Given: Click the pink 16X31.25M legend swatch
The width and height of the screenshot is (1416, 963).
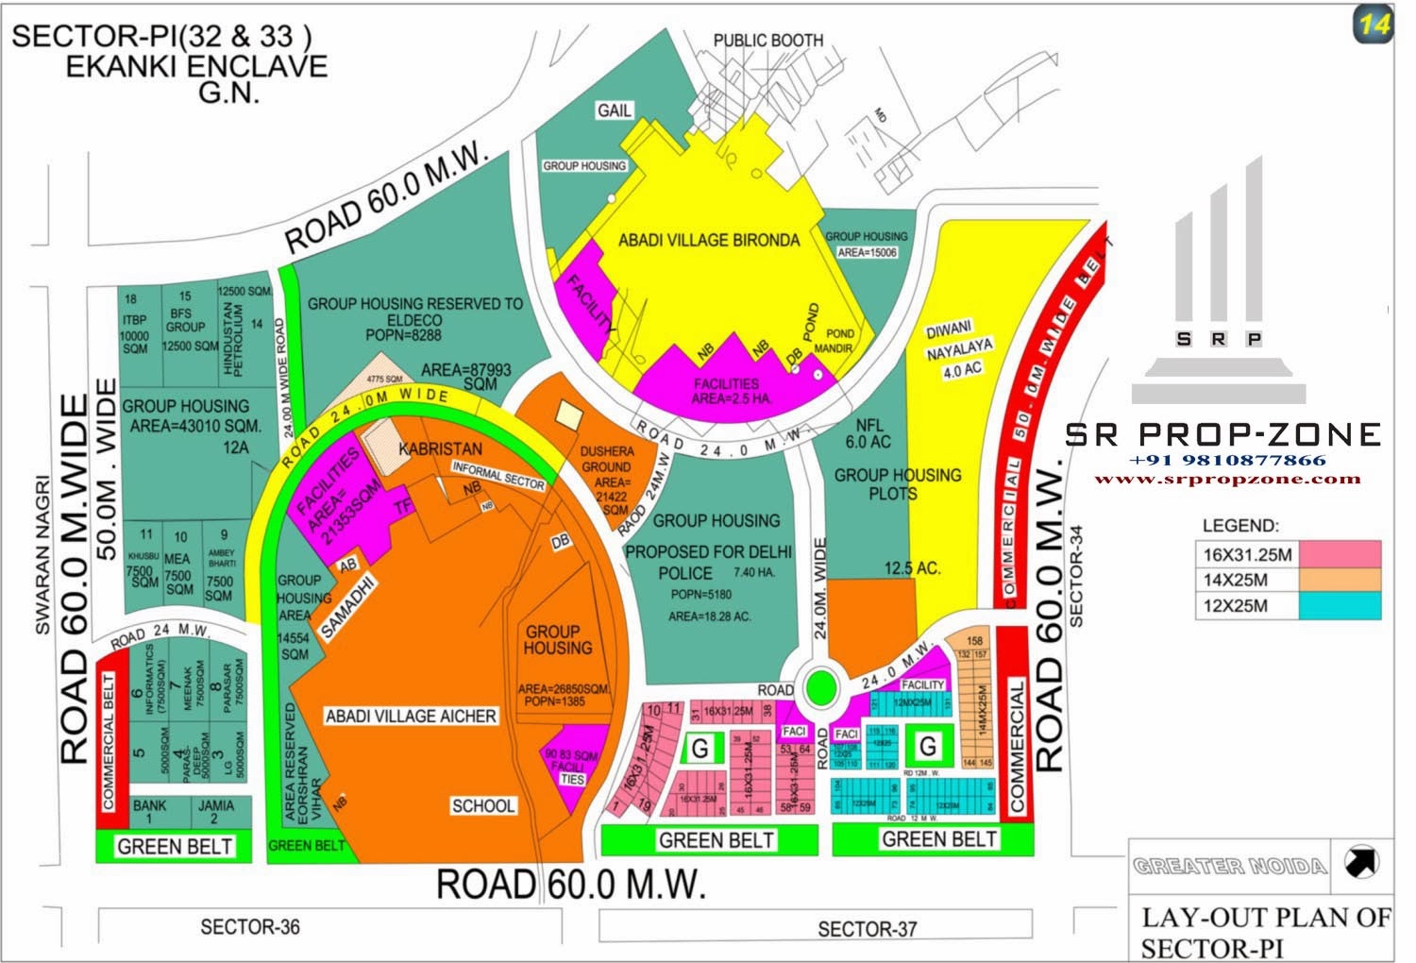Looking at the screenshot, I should pos(1340,554).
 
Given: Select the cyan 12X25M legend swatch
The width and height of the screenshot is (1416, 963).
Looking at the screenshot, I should pos(1340,606).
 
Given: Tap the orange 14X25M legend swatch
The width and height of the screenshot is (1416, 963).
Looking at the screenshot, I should pos(1340,580).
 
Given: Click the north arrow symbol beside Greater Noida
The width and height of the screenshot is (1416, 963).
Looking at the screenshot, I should pos(1361,861).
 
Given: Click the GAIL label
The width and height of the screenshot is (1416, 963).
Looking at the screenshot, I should pos(614,110).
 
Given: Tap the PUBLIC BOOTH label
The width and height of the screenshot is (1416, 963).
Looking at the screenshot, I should pos(767,41).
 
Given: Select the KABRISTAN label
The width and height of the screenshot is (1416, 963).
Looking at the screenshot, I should pos(440,449).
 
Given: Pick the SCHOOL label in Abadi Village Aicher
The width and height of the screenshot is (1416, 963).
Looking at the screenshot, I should pos(482,805).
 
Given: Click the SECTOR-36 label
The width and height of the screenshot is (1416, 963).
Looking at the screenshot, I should pos(250,927).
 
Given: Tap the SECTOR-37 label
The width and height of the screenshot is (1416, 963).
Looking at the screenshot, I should pos(867,929).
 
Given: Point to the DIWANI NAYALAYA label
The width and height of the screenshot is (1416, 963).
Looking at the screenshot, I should pos(955,348).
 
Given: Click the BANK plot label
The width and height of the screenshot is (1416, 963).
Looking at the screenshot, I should pos(149,812).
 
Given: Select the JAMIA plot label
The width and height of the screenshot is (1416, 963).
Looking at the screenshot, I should pos(215,812).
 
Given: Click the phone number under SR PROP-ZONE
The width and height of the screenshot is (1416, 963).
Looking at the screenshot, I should pos(1226,461).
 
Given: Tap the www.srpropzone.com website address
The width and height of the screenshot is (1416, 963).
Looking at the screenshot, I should pos(1226,479).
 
